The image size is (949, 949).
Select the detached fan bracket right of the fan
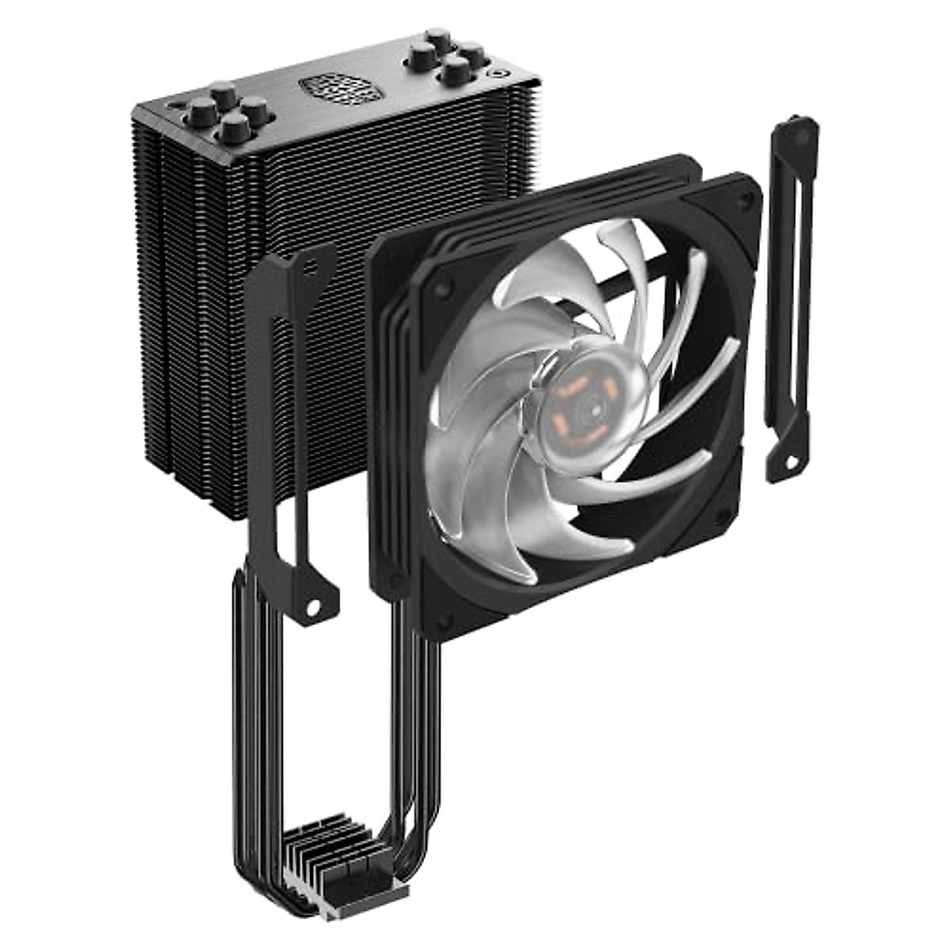point(789,301)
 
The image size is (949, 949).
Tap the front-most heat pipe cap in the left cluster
point(234,126)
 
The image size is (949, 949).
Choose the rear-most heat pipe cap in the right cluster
point(437,38)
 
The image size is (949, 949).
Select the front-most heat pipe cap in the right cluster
point(457,72)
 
